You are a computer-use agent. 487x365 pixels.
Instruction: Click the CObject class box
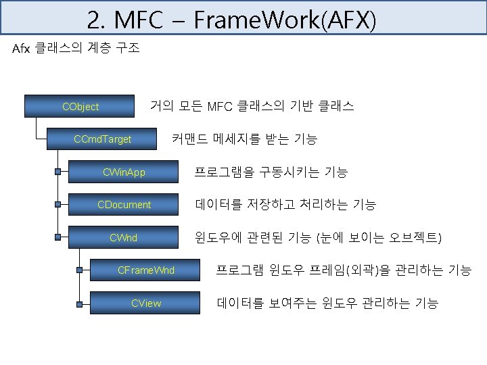pyautogui.click(x=80, y=107)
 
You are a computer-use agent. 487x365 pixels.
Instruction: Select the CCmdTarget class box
pyautogui.click(x=102, y=140)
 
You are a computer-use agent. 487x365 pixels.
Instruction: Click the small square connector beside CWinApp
pyautogui.click(x=59, y=173)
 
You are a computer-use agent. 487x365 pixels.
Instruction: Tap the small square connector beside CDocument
pyautogui.click(x=59, y=204)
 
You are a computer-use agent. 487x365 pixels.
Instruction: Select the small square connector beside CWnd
pyautogui.click(x=59, y=238)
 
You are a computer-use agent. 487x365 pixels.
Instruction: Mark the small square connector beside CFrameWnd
pyautogui.click(x=80, y=270)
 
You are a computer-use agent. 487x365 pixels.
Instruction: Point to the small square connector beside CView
pyautogui.click(x=80, y=303)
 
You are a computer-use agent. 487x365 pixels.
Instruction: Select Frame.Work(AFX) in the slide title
pyautogui.click(x=284, y=20)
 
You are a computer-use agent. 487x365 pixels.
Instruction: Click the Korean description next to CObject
pyautogui.click(x=252, y=106)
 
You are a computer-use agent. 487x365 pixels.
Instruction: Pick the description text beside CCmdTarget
pyautogui.click(x=244, y=139)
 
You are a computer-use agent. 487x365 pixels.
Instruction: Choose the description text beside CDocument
pyautogui.click(x=285, y=204)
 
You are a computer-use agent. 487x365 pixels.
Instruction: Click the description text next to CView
pyautogui.click(x=327, y=303)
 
